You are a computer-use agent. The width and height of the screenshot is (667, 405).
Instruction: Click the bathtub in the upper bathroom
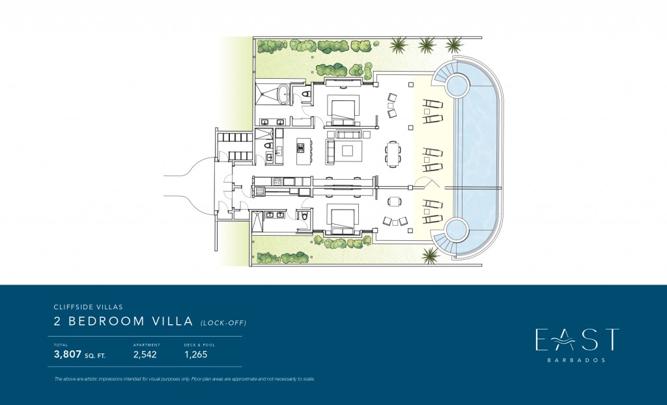[283, 94]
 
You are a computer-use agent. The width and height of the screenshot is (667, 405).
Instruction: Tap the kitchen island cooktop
[301, 148]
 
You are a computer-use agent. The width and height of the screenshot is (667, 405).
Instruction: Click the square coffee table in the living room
[348, 151]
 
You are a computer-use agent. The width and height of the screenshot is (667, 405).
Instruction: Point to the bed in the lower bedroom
[343, 219]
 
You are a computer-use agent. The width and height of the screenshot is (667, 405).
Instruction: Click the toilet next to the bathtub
[305, 94]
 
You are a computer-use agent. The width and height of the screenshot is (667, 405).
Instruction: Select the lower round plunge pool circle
[457, 229]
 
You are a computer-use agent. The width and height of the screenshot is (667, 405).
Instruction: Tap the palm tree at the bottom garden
[430, 255]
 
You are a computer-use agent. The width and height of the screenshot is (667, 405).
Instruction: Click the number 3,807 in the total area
[68, 354]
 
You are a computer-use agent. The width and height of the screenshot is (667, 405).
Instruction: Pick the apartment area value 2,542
[145, 354]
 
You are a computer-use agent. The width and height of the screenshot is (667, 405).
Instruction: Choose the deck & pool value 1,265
[195, 354]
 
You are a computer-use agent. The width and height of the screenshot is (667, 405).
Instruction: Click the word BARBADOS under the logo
[576, 360]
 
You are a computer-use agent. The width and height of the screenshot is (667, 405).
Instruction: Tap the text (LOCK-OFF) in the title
[223, 322]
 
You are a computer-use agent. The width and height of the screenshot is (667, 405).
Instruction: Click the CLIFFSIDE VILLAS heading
[89, 307]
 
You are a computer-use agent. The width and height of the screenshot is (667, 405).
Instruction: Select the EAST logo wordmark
[577, 339]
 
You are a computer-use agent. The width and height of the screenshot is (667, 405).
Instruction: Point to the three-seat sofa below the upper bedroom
[349, 134]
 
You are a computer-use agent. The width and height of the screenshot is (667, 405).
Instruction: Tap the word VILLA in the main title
[173, 321]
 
